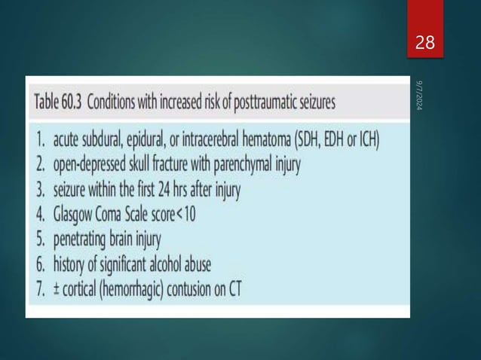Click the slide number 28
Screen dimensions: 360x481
point(425,43)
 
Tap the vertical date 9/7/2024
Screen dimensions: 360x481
point(419,99)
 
